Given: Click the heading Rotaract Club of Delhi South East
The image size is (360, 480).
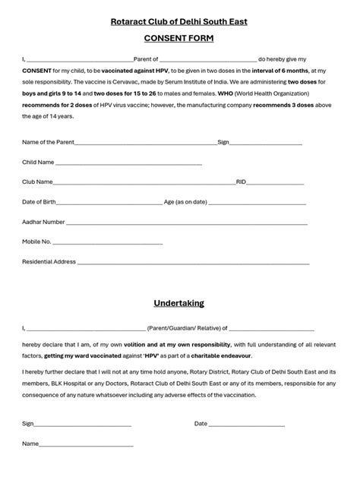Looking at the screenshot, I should [x=179, y=21].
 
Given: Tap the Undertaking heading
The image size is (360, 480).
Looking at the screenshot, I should [x=179, y=303].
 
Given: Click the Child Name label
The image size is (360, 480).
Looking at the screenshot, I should [x=38, y=162].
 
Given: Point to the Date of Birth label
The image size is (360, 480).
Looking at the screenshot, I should [x=39, y=202].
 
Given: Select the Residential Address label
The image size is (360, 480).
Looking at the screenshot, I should [x=49, y=262].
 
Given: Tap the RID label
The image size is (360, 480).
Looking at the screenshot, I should [x=241, y=182].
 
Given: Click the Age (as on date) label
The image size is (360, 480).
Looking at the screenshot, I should [x=185, y=202].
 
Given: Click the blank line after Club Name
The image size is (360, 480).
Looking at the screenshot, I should [x=144, y=183].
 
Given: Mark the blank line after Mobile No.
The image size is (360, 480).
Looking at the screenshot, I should [x=107, y=243].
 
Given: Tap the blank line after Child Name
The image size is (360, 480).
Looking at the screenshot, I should [x=128, y=163].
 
